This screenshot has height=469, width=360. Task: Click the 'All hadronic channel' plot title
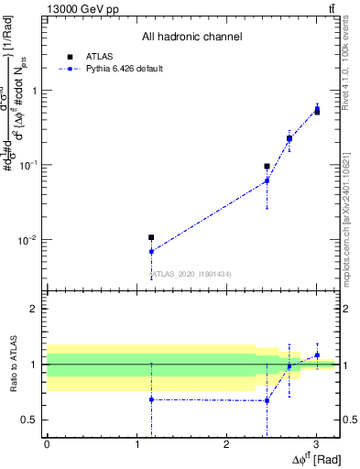point(191,37)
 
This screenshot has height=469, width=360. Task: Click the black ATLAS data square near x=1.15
point(151,237)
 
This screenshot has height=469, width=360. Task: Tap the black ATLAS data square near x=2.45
point(267,167)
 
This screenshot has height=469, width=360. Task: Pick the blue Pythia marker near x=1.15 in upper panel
point(151,252)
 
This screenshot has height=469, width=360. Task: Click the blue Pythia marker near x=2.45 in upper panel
point(267,181)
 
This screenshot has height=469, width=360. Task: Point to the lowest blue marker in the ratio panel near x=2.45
point(267,400)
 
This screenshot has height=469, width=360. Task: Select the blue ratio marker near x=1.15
point(151,399)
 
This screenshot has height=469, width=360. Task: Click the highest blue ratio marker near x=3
point(317,354)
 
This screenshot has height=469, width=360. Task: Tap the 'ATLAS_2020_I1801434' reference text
point(191,274)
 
